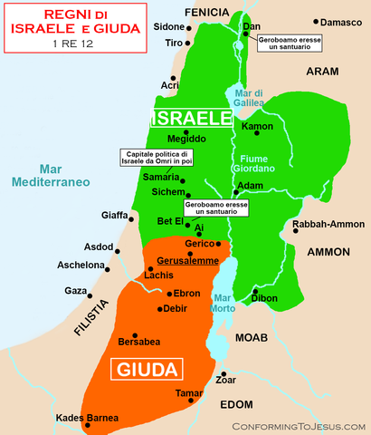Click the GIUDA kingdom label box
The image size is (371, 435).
146,367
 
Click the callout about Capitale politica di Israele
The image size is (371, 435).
157,157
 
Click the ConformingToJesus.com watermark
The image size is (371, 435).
299,425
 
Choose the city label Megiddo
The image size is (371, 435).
187,138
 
